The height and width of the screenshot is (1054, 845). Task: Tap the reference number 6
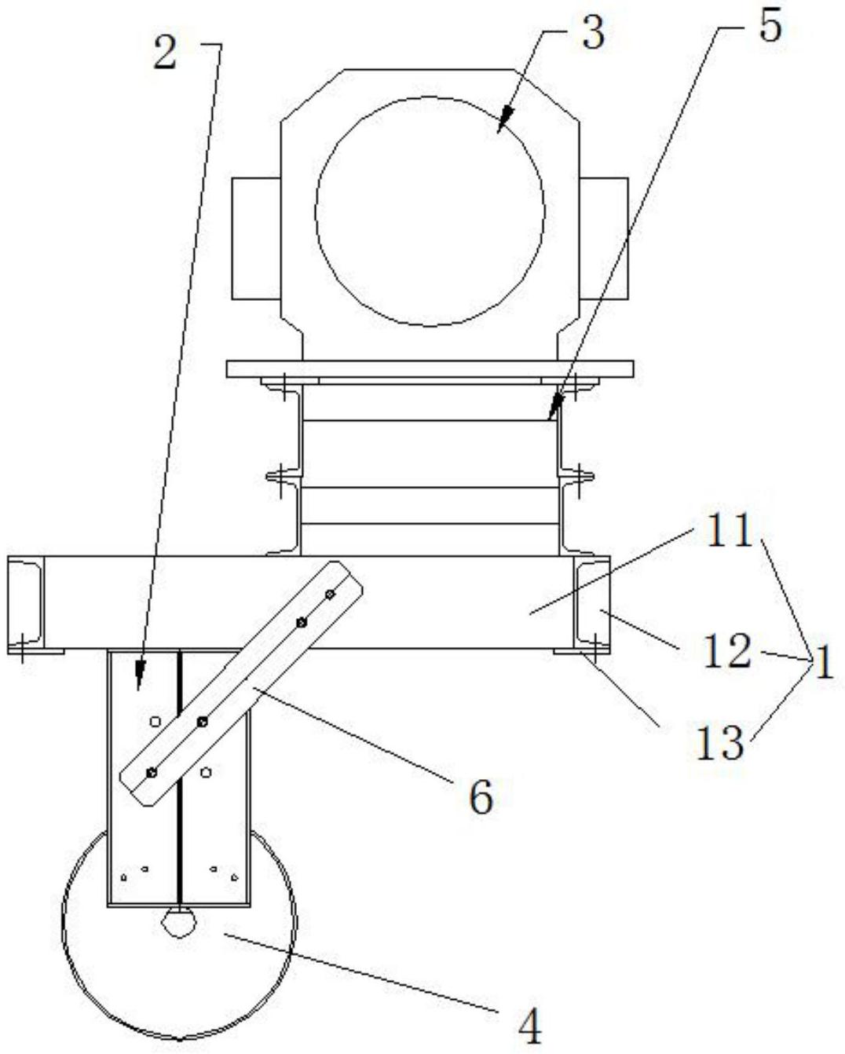(x=481, y=798)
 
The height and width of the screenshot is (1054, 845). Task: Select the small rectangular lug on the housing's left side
(x=256, y=239)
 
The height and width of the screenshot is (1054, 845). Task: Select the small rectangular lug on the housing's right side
(x=604, y=239)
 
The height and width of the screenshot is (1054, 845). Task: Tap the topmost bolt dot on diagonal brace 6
(x=330, y=594)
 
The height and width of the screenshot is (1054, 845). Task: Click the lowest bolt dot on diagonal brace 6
(x=152, y=772)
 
